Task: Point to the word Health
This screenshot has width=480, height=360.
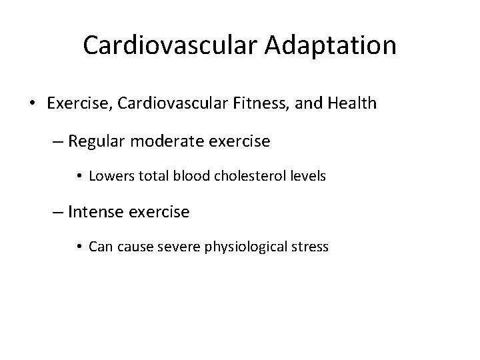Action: [x=352, y=104]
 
